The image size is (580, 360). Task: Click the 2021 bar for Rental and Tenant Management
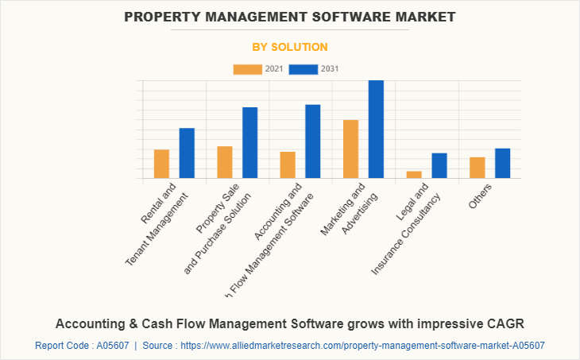pos(161,164)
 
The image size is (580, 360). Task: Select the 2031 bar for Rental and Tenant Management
pos(187,153)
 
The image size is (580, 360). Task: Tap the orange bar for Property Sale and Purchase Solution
pos(225,162)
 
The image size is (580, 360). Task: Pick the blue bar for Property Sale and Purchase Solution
pos(250,142)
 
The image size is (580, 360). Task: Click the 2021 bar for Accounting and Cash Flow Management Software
pos(288,165)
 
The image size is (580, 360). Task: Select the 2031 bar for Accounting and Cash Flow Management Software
pos(313,141)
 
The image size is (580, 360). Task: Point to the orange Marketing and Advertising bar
pos(350,149)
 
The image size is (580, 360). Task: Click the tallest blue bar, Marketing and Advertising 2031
pos(376,129)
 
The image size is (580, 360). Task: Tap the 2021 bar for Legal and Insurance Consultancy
pos(414,174)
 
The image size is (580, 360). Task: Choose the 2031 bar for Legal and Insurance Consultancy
pos(439,165)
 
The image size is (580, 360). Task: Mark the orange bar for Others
pos(477,168)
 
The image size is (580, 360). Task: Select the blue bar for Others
pos(502,163)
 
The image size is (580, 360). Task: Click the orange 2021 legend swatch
pos(247,69)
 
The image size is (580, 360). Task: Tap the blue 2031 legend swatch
pos(303,69)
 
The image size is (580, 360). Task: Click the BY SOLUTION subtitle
pos(290,47)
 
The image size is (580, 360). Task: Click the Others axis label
pos(480,195)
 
